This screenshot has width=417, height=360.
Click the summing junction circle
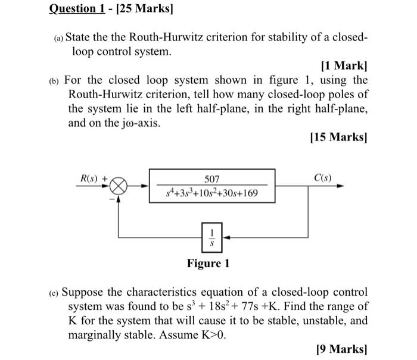pyautogui.click(x=119, y=186)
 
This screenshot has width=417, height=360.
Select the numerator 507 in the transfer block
pyautogui.click(x=212, y=179)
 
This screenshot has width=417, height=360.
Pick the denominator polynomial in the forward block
pyautogui.click(x=212, y=193)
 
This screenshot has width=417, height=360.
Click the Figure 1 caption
pyautogui.click(x=208, y=263)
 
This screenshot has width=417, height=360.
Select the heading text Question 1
pyautogui.click(x=77, y=10)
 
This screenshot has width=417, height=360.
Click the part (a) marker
pyautogui.click(x=57, y=38)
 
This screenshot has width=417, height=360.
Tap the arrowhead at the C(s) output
pyautogui.click(x=340, y=186)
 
